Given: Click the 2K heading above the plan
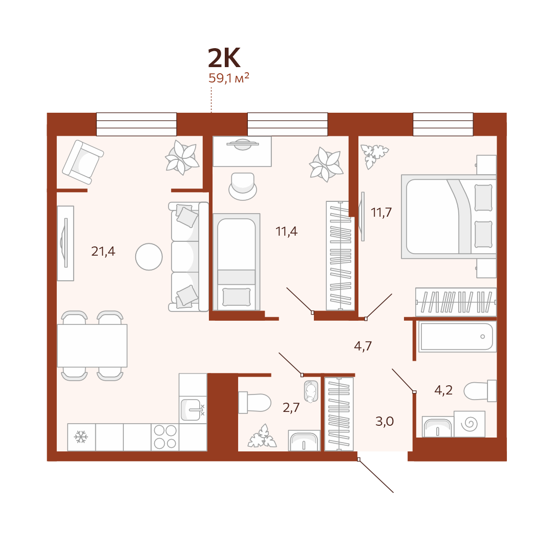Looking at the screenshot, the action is tap(224, 58).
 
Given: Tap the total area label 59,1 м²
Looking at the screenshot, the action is tap(229, 78).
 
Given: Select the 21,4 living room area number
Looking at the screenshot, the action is tap(103, 251).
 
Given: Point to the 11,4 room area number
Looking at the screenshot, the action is tap(286, 232).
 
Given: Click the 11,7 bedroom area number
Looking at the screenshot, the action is tap(381, 213).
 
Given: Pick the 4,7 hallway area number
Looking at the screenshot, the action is tap(363, 346).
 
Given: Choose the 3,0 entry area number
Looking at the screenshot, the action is tap(385, 421).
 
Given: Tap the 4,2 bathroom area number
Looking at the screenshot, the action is tap(443, 390).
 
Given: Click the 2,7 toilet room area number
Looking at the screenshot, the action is tap(291, 408).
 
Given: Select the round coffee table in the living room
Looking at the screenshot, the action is tap(149, 257).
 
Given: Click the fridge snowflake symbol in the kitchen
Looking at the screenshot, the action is tap(81, 437).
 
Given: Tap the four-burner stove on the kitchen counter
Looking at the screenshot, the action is tap(165, 437).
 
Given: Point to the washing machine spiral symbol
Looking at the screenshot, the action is tap(470, 424).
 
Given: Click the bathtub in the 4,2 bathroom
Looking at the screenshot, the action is tap(457, 337).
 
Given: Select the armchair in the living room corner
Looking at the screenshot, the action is tap(83, 162).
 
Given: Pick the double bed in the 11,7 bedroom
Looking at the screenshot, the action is tap(449, 217).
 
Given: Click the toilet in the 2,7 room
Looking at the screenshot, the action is tap(254, 403).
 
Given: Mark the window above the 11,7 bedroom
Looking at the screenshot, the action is tap(443, 124).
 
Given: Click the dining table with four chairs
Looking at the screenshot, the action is tap(92, 346).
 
